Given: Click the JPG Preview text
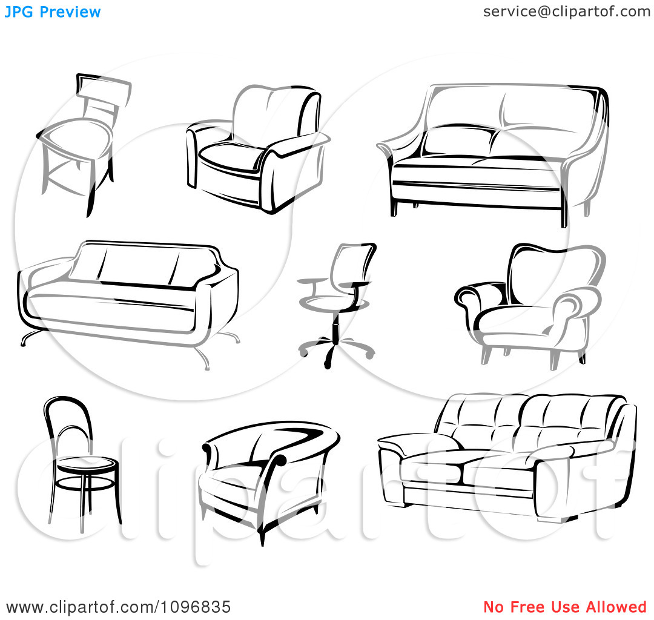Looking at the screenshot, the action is point(53,12).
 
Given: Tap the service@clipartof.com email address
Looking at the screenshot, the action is point(566,12).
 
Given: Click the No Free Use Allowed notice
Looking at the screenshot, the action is point(565,607).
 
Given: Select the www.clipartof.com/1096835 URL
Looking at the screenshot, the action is point(119,607).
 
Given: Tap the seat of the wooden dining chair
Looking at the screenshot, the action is point(75,137).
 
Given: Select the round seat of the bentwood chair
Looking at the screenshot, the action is point(88,464).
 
